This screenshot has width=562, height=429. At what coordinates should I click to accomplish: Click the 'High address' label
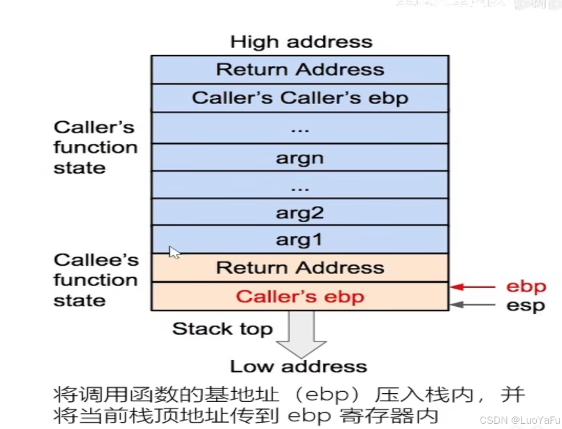point(301,42)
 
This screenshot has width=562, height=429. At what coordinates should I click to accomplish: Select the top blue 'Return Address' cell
point(300,69)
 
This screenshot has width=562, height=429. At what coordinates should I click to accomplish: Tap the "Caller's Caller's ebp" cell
point(300,98)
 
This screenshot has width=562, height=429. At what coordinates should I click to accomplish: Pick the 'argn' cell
point(300,158)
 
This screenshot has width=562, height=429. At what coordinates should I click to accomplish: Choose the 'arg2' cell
point(300,213)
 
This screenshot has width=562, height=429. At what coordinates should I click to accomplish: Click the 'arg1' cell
point(300,240)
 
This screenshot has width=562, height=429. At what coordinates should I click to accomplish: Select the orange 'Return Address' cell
point(300,268)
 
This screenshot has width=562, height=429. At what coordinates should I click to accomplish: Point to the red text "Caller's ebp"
point(300,297)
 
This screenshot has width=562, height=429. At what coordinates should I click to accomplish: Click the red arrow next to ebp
point(473,287)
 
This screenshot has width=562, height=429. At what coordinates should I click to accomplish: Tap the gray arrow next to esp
point(473,305)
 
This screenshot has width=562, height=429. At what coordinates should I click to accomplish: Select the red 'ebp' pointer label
point(526,287)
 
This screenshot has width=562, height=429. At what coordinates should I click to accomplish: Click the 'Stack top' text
point(222,329)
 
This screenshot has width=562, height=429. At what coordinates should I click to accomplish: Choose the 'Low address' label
point(298,366)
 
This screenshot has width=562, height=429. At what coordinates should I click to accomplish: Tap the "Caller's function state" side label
point(95,148)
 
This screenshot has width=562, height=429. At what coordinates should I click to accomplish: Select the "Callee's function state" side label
point(95,280)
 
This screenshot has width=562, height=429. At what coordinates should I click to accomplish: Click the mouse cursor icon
point(174,253)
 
